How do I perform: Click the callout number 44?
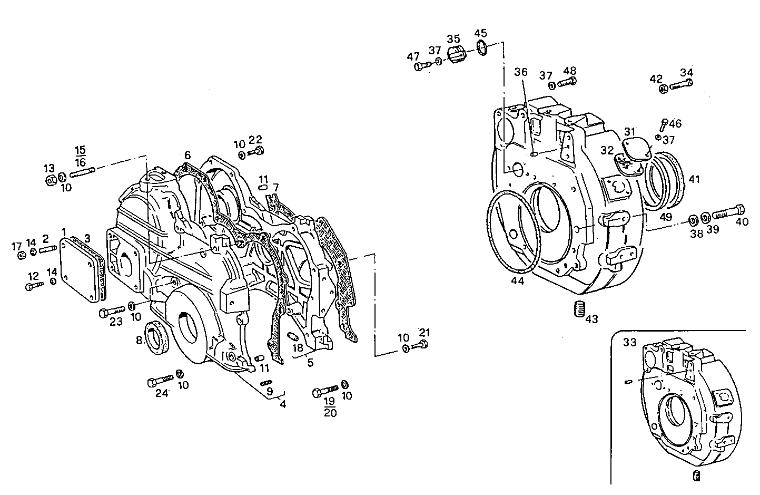coord(517,282)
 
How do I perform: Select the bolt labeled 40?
coord(729,213)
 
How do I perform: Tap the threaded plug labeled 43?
coord(579,308)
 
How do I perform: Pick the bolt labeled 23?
coord(112,311)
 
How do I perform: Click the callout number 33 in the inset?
coord(629,342)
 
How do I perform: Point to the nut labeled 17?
coord(21,256)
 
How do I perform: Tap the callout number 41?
coord(694,179)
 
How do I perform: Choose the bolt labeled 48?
coord(567,82)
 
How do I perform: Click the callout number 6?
coord(187,155)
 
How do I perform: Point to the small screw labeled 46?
coord(664,125)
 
